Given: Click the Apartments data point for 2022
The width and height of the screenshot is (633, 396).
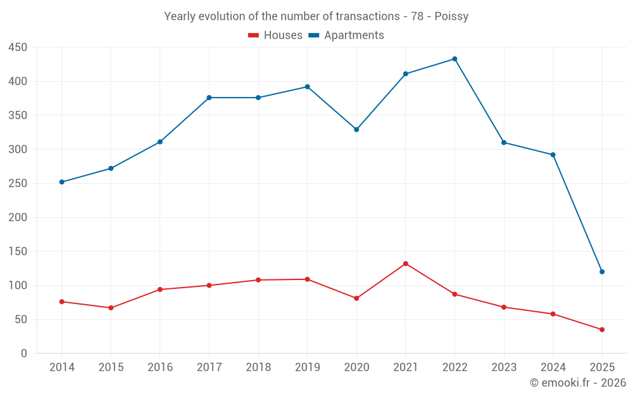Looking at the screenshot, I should click(454, 59).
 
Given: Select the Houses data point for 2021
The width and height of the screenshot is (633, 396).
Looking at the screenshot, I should click(406, 264).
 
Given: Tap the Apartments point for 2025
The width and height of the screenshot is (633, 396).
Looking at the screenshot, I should click(602, 272).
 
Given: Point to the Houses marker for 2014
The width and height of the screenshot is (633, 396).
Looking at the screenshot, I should click(62, 302).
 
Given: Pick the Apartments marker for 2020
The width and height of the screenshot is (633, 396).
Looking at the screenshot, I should click(356, 129).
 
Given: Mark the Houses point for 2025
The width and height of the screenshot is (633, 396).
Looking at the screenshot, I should click(602, 329).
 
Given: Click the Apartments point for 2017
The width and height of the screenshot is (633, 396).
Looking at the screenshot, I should click(209, 98).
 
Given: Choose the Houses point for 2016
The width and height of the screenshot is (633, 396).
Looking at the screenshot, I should click(160, 290).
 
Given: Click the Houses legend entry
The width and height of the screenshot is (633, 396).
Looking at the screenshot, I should click(275, 35).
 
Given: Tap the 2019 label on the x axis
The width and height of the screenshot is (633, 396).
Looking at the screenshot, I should click(307, 367).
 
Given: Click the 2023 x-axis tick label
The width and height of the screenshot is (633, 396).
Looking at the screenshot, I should click(504, 367).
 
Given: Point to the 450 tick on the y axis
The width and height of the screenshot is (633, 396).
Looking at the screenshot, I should click(18, 48).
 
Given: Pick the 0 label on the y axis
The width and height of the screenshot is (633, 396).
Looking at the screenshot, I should click(24, 354).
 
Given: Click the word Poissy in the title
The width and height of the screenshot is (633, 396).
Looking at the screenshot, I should click(451, 16).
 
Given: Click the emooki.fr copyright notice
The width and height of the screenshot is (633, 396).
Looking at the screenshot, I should click(578, 383).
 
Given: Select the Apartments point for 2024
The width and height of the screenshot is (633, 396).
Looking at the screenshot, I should click(553, 155).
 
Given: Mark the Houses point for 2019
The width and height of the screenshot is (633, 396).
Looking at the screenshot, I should click(307, 279).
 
